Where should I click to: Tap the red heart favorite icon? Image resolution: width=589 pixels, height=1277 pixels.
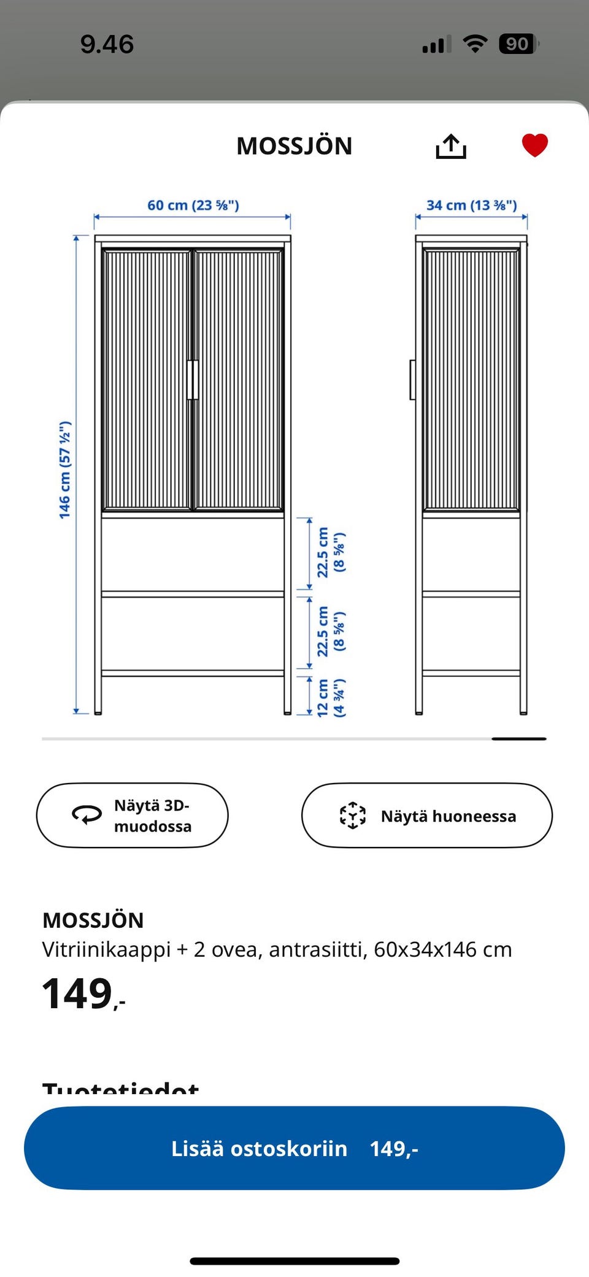click(x=534, y=145)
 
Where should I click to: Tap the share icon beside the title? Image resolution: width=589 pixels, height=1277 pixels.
click(x=451, y=146)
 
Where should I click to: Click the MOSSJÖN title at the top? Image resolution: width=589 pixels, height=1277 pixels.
click(x=294, y=146)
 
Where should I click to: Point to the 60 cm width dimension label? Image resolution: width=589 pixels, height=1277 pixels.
click(x=193, y=205)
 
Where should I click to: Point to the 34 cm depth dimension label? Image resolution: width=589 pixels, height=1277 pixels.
click(x=471, y=205)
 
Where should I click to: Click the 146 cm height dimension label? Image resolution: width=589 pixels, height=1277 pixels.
click(x=65, y=470)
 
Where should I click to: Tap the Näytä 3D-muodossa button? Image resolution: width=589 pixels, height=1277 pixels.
click(x=133, y=816)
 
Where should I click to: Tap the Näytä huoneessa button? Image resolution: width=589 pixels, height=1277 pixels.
click(x=427, y=816)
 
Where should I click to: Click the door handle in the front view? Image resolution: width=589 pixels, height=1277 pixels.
click(x=193, y=380)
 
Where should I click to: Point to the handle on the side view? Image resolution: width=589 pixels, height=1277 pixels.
click(x=413, y=380)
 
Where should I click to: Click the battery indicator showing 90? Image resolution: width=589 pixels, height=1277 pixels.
click(x=517, y=44)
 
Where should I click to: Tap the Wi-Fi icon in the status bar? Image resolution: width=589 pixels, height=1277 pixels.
click(x=475, y=44)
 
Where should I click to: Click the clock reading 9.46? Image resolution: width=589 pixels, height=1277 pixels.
click(x=107, y=44)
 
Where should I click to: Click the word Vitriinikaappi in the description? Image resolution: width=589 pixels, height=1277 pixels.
click(x=106, y=949)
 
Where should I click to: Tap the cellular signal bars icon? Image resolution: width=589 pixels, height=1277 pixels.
click(x=436, y=45)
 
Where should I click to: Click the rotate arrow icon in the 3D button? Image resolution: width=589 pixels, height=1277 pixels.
click(x=87, y=814)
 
